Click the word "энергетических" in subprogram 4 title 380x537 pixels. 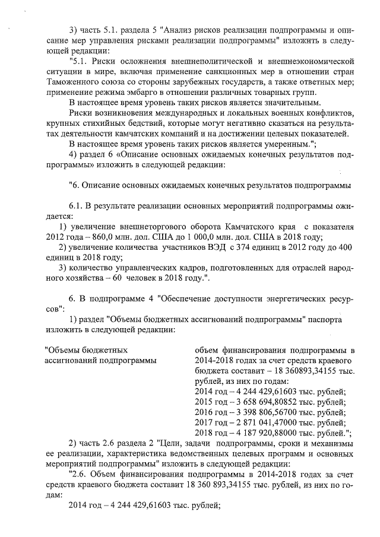click(x=271, y=298)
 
